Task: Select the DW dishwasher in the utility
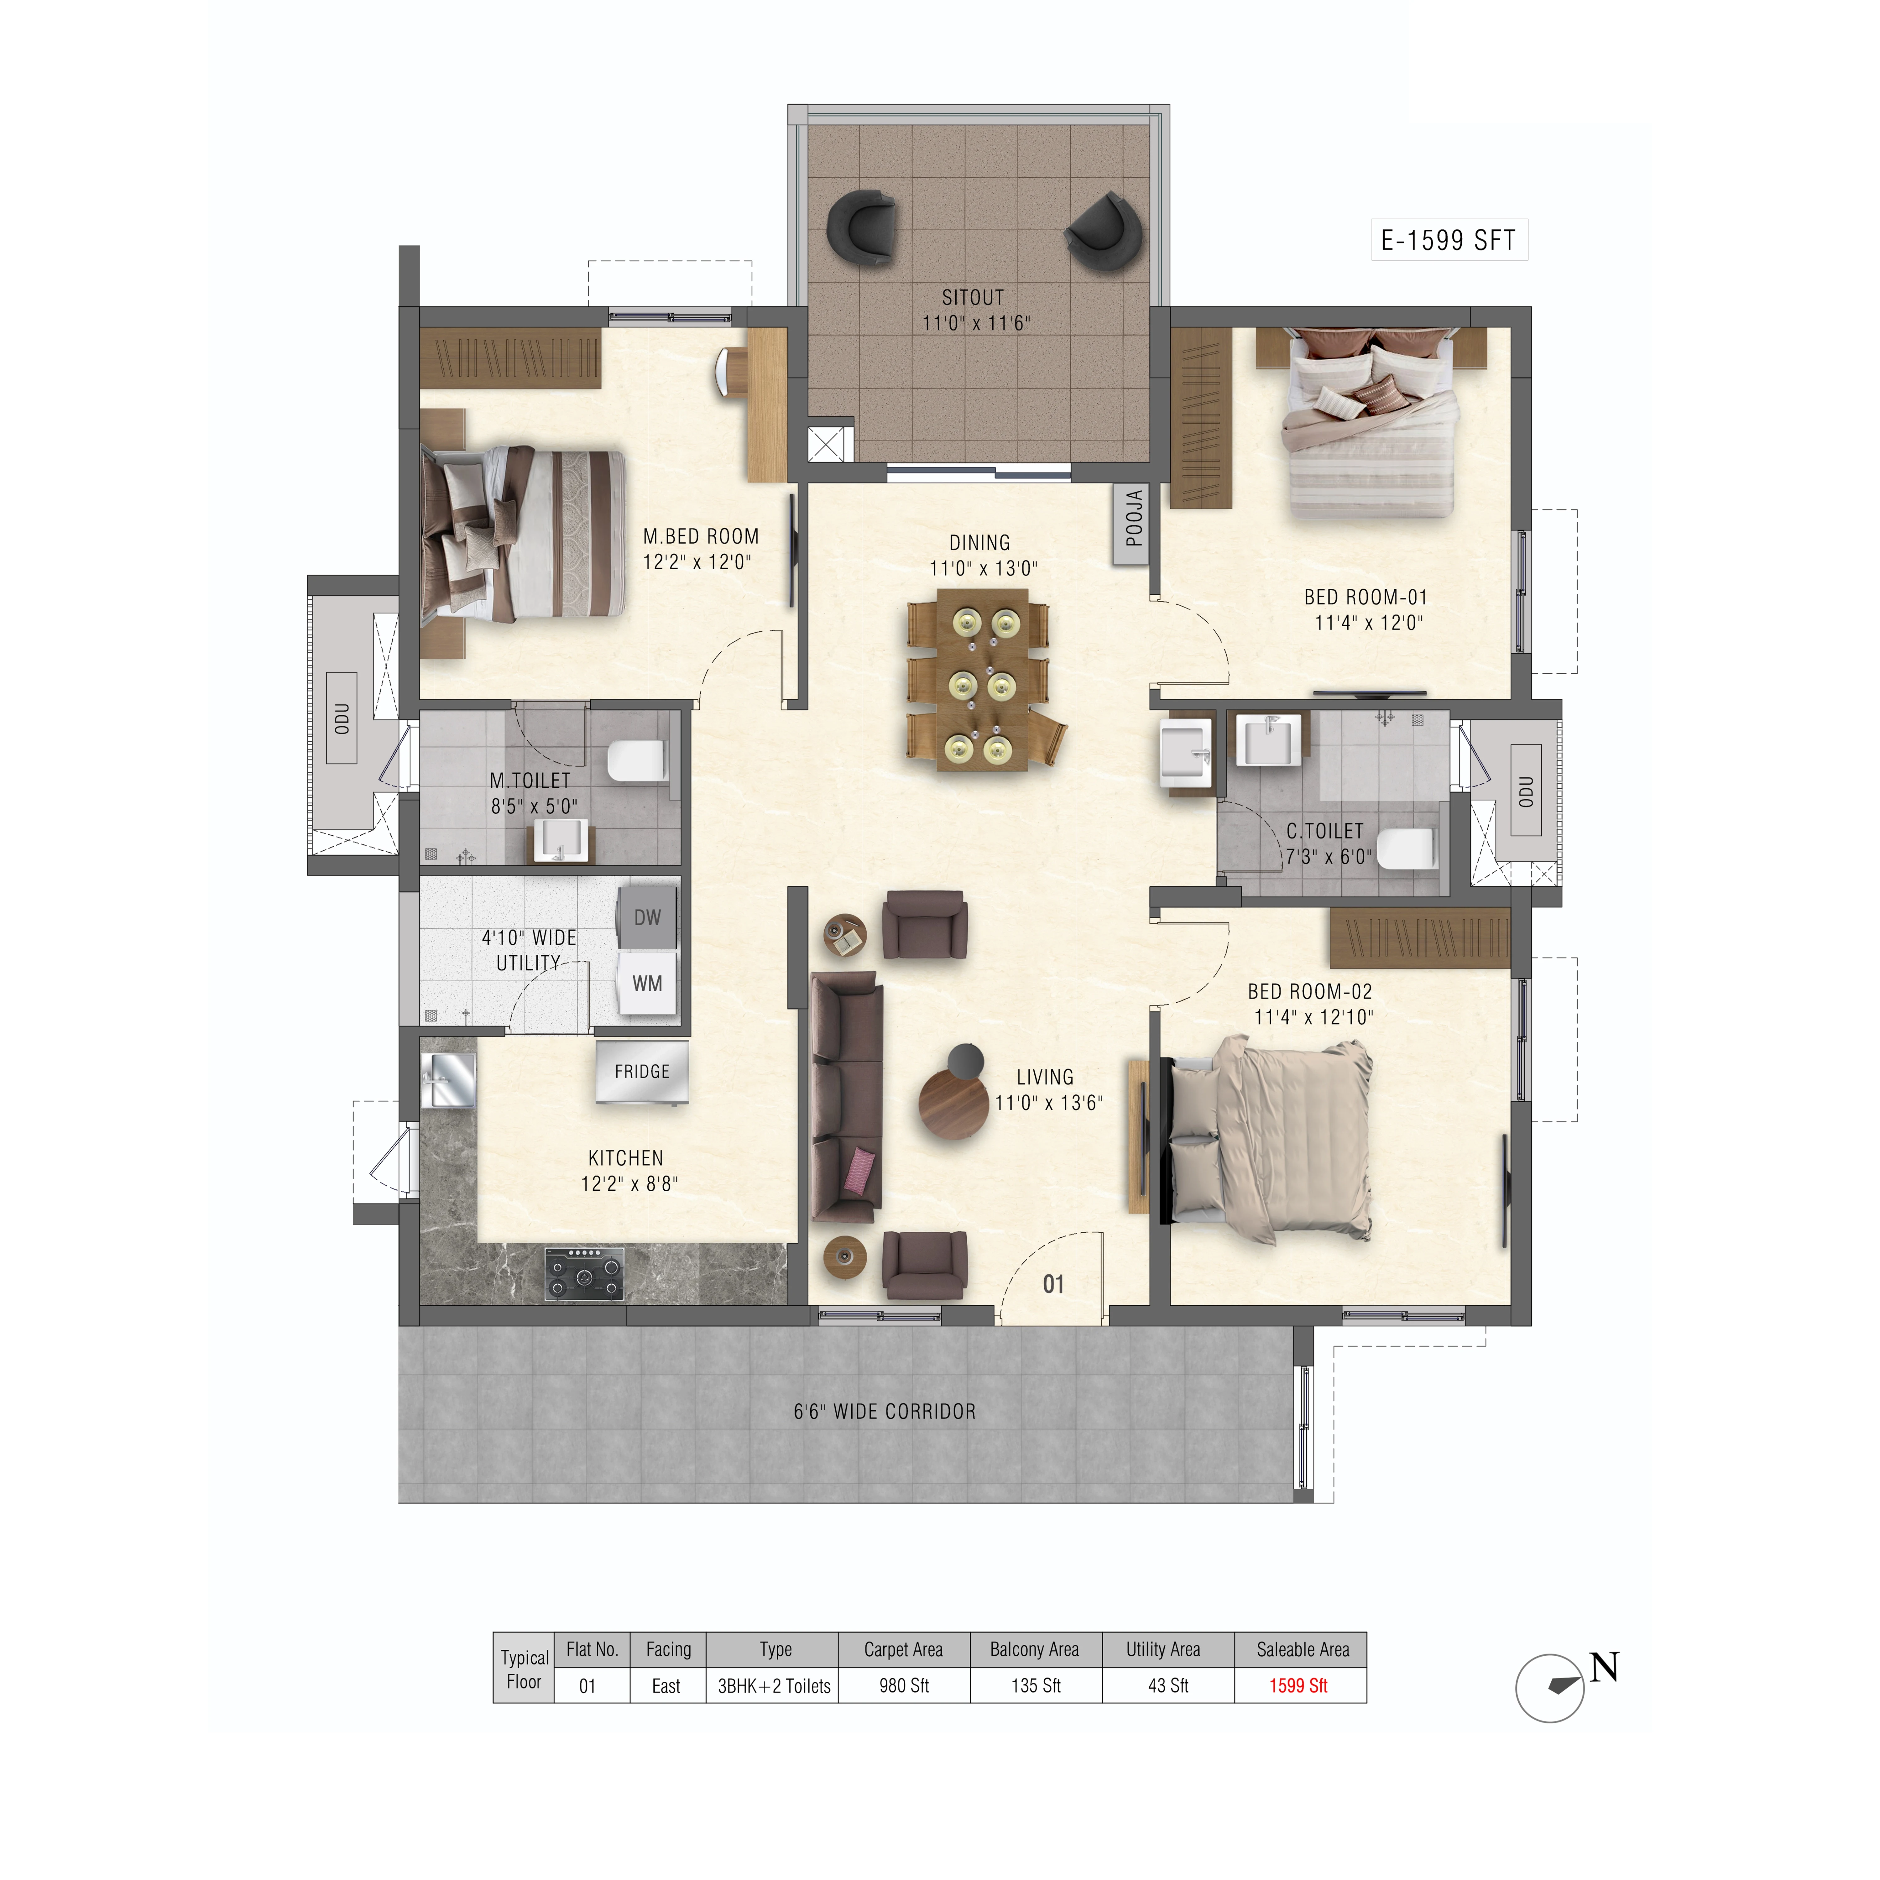tap(647, 916)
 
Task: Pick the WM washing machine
tap(647, 983)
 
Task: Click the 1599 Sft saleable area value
tap(1299, 1686)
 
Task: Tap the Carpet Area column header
tap(903, 1649)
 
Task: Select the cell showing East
tap(666, 1686)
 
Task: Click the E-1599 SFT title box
tap(1449, 239)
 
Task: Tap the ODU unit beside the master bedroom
tap(342, 717)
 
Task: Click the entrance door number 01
tap(1053, 1284)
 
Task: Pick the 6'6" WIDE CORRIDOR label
tap(885, 1411)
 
